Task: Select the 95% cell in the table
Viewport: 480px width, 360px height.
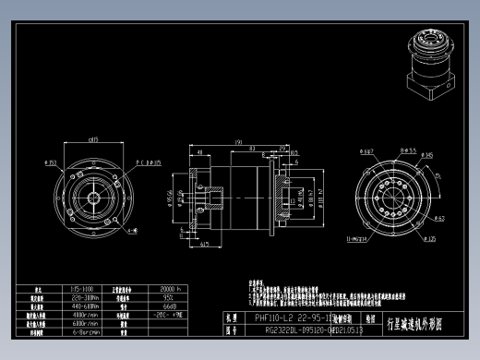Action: [169, 298]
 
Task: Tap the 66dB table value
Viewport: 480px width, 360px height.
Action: [169, 306]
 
